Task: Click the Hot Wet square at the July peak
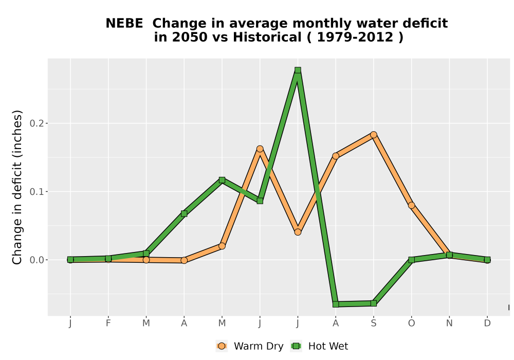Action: [x=298, y=70]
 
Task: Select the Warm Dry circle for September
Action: [x=373, y=135]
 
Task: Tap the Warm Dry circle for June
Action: [x=260, y=149]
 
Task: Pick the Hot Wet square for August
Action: [x=336, y=304]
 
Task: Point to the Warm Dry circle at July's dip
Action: [x=298, y=232]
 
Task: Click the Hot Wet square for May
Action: [x=222, y=180]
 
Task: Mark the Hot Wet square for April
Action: [x=184, y=214]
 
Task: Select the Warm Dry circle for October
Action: [x=411, y=205]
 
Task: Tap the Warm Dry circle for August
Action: [x=336, y=156]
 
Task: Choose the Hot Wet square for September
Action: [x=373, y=303]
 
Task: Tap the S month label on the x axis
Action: [x=373, y=323]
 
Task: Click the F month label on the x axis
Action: [x=108, y=323]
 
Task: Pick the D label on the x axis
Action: [x=487, y=323]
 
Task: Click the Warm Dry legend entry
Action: [x=250, y=346]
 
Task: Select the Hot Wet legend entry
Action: [x=320, y=346]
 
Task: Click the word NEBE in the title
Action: [x=124, y=24]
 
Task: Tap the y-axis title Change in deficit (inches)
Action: [x=17, y=187]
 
